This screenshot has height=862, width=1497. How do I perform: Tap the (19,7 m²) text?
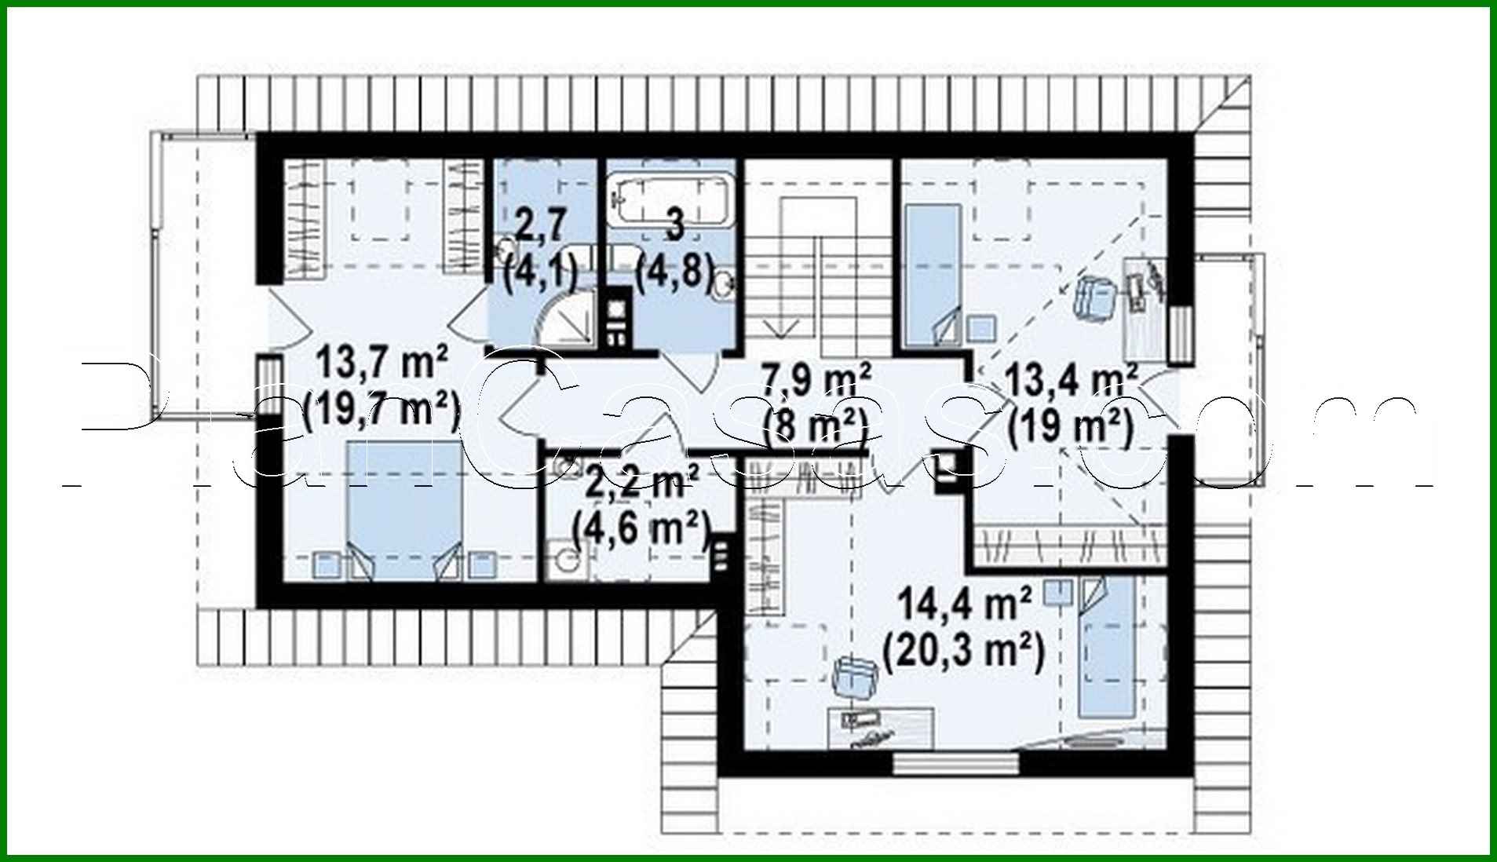coord(382,409)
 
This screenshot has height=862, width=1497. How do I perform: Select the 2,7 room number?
coord(540,225)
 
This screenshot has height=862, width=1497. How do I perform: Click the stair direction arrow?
coord(781,322)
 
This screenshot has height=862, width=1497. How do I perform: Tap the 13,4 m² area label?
coord(1072,382)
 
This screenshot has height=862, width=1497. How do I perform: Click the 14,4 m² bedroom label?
coord(964,606)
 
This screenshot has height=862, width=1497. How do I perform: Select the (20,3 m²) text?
coord(964,651)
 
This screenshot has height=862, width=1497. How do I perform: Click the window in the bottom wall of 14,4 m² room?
coord(955,763)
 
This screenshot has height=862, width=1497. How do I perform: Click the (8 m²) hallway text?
coord(816,426)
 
